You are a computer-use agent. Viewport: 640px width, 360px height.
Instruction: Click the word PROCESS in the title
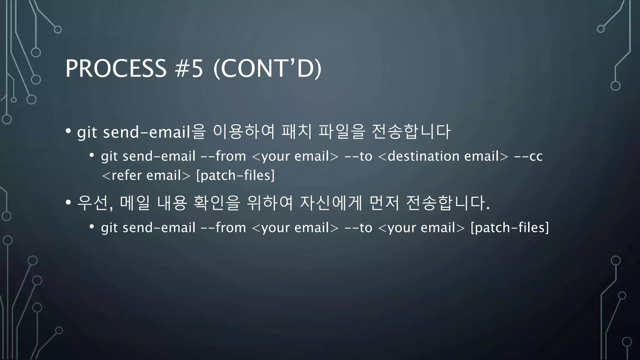[x=116, y=68]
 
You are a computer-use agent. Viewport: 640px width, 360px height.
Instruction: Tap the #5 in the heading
[x=189, y=68]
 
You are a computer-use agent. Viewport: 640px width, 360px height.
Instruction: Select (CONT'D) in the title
[x=267, y=68]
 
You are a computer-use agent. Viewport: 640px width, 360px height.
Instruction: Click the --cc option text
[x=528, y=156]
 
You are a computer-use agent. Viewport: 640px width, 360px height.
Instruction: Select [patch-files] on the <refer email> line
[x=235, y=175]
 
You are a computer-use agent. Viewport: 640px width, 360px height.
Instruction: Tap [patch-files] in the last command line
[x=510, y=227]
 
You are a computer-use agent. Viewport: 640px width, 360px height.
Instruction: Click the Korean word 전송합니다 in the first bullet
[x=411, y=132]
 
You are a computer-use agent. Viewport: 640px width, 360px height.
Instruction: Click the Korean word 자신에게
[x=331, y=203]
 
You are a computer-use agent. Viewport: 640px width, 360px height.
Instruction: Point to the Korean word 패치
[x=297, y=132]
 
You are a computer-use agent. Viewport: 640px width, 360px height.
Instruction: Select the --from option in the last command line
[x=223, y=227]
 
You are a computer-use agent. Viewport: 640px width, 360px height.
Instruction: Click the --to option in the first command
[x=358, y=156]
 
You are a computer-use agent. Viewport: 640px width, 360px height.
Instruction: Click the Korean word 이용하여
[x=243, y=132]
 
